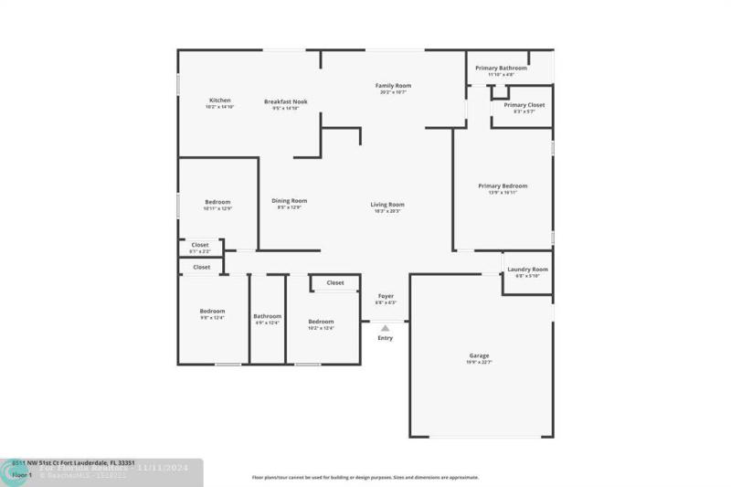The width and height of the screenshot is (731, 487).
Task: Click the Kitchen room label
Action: (219, 101)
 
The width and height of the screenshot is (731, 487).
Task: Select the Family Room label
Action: (391, 86)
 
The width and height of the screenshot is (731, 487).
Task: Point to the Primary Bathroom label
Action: (501, 68)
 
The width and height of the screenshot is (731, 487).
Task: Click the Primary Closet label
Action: (524, 105)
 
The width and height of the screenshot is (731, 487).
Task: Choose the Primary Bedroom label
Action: (503, 186)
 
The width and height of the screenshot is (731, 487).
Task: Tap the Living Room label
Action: (387, 205)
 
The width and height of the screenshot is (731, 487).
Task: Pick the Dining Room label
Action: (289, 201)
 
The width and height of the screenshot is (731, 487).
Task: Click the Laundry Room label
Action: (527, 270)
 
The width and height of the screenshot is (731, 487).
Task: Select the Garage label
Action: (480, 355)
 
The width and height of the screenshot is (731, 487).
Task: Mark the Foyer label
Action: (386, 296)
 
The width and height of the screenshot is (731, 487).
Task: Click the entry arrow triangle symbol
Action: (385, 327)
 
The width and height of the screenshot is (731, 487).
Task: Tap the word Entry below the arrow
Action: (386, 338)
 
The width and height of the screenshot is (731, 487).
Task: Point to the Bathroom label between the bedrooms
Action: (267, 316)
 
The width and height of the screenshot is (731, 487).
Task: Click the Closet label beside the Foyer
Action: (335, 282)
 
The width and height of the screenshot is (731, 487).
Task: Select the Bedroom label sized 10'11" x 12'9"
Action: (217, 202)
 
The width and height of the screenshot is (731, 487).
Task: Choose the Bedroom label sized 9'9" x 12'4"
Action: (212, 312)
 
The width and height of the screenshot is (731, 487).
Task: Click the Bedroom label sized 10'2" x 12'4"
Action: (321, 322)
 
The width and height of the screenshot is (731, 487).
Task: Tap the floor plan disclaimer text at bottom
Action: (365, 477)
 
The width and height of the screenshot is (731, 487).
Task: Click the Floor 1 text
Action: (22, 475)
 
